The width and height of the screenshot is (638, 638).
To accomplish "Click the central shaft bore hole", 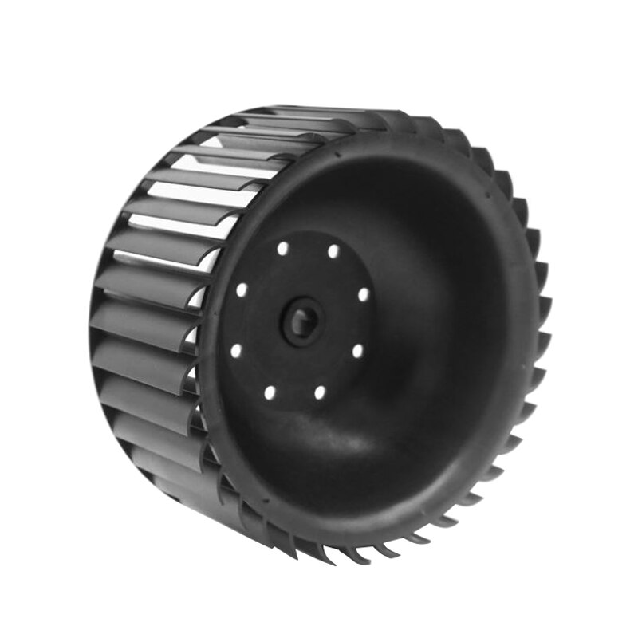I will (x=304, y=321).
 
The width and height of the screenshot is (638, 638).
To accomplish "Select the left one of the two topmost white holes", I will (x=282, y=249).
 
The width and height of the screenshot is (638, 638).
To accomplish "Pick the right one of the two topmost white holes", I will (x=333, y=252).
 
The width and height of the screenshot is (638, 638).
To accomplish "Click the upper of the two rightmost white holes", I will (x=364, y=294).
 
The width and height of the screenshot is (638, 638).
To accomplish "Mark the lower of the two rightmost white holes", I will (x=358, y=350).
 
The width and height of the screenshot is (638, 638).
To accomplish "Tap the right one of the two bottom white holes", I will (x=320, y=392).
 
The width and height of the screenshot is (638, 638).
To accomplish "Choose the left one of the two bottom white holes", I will (x=270, y=392).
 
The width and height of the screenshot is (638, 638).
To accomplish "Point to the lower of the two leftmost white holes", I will (x=236, y=349).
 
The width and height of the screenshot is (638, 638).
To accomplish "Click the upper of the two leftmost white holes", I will (x=241, y=289).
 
